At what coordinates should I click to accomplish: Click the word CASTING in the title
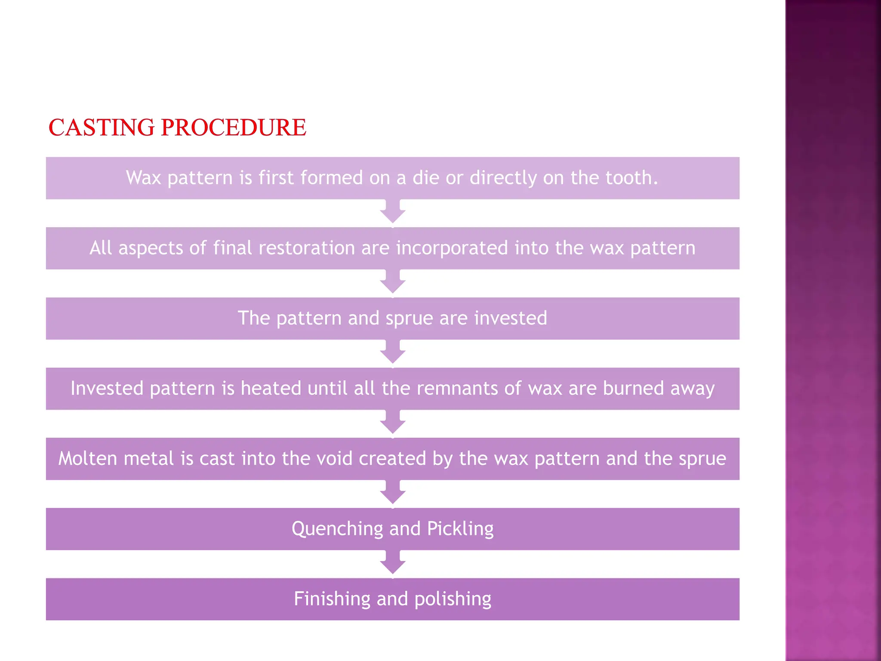(102, 127)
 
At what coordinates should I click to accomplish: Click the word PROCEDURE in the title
(234, 127)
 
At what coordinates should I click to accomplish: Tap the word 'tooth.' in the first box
(631, 178)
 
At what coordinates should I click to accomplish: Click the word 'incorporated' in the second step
(452, 248)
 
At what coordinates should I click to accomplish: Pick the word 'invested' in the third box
(511, 318)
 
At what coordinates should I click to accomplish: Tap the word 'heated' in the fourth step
(271, 388)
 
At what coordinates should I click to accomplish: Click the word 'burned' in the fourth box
(633, 388)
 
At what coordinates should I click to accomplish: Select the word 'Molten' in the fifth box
(88, 458)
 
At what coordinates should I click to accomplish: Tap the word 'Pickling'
(460, 529)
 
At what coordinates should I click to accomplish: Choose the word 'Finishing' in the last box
(332, 599)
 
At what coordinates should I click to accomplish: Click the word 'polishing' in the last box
(453, 599)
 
